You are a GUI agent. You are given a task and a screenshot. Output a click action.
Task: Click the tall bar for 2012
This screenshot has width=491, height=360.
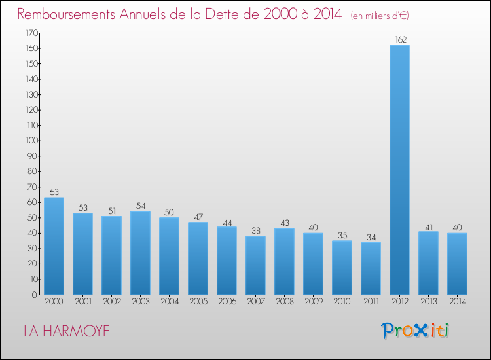399,170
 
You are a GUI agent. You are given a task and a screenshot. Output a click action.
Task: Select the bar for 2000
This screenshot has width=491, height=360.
54,246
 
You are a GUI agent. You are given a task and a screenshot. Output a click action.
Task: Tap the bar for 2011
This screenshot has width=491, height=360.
371,268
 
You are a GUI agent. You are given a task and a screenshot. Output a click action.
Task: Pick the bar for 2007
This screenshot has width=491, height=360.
255,265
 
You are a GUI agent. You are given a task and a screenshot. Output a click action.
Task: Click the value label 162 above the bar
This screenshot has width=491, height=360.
399,39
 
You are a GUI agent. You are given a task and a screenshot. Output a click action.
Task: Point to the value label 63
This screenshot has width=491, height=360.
54,192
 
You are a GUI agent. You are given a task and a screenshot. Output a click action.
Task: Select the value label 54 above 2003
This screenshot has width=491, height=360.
140,206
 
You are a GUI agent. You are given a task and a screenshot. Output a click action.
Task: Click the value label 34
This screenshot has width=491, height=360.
371,237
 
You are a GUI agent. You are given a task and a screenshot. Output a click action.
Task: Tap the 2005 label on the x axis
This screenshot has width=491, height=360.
198,302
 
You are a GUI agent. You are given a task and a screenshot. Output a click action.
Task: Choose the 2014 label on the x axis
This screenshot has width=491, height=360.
457,302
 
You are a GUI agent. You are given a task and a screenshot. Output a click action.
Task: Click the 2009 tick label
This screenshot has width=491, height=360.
313,302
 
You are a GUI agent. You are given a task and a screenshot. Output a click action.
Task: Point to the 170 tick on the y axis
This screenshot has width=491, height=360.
31,33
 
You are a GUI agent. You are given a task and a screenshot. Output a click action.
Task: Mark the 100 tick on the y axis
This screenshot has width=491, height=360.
31,141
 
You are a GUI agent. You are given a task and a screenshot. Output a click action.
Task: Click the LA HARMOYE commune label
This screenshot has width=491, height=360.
67,331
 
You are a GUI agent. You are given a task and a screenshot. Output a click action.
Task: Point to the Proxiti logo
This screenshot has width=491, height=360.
415,331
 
